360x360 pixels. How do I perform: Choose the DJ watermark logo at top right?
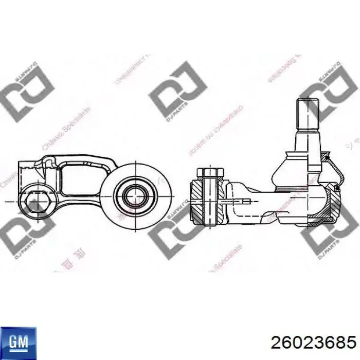[329, 92]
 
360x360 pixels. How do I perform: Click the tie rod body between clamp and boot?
[252, 203]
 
